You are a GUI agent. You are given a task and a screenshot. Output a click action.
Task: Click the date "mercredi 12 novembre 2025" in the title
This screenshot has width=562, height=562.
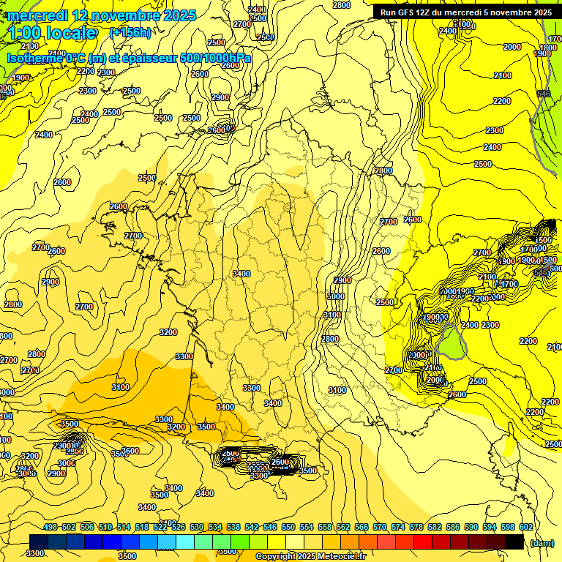[102, 15]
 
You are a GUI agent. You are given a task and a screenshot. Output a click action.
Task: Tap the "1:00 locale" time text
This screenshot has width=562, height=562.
[53, 33]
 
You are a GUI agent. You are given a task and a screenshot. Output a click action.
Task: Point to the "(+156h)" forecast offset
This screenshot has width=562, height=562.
[130, 33]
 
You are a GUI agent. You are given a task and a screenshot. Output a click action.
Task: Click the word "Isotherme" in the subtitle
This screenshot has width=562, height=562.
[34, 57]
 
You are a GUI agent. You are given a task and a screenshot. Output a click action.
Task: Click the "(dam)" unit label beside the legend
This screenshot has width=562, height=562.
[542, 543]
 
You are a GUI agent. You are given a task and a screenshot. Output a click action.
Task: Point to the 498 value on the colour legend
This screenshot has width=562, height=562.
[50, 527]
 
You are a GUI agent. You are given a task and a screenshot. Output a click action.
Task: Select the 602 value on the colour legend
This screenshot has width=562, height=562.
[526, 527]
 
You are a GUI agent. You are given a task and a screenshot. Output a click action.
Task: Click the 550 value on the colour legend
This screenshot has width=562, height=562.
[288, 527]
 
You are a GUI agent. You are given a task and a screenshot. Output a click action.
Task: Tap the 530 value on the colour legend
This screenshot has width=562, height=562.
[197, 527]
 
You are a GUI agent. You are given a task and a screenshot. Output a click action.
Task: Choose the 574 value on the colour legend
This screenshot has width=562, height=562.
[398, 527]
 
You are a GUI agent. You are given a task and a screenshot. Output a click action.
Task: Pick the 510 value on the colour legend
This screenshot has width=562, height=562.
[105, 527]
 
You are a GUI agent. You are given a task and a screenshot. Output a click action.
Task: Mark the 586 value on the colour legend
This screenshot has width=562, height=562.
[453, 527]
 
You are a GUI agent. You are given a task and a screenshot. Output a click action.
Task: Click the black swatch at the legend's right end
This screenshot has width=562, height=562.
[514, 542]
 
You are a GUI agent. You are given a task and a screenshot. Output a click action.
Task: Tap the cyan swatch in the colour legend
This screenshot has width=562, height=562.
[185, 542]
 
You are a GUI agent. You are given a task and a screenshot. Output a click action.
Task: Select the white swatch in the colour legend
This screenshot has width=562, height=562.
[295, 542]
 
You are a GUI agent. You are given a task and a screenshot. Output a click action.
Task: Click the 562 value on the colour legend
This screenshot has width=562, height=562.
[343, 527]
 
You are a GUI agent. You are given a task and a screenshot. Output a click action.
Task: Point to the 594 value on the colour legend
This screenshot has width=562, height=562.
[490, 527]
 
